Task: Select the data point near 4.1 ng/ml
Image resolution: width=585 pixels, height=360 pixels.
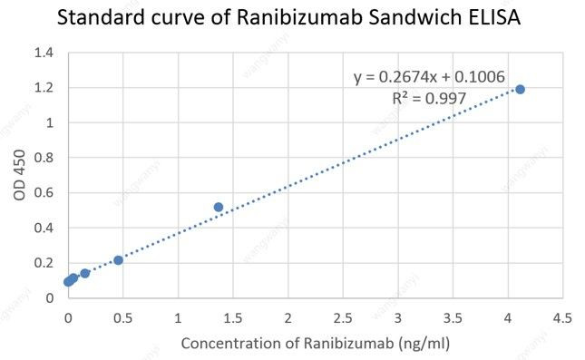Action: (x=520, y=89)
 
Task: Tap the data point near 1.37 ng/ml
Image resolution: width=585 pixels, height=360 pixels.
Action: (x=219, y=207)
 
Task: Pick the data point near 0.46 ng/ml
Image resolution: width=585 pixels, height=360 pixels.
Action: (x=118, y=260)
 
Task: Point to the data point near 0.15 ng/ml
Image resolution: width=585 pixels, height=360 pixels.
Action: (x=85, y=273)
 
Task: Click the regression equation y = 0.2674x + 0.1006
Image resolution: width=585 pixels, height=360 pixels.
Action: (x=429, y=77)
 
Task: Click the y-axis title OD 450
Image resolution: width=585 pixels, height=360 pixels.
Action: (x=21, y=176)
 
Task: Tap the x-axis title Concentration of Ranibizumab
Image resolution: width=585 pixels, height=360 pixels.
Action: (x=315, y=344)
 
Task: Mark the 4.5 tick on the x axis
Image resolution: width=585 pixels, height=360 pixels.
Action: (x=562, y=317)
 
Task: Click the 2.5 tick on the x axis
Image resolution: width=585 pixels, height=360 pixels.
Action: (x=343, y=317)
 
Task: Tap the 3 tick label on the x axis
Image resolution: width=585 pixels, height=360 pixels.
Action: (x=397, y=317)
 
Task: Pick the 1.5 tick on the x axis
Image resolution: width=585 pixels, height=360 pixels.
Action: (x=233, y=317)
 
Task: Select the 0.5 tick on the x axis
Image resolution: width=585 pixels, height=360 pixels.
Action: (x=122, y=317)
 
